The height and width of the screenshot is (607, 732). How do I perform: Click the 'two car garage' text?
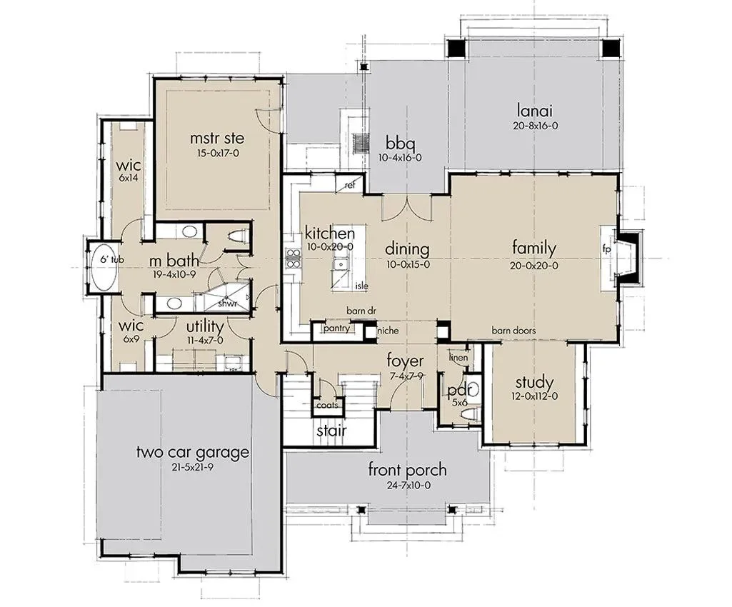192,453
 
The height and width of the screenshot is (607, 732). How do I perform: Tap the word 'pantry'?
336,328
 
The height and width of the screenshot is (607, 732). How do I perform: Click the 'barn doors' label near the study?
513,331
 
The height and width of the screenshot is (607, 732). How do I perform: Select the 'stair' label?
331,430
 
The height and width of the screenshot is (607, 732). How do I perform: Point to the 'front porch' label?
407,470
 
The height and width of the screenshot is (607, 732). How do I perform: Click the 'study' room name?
534,383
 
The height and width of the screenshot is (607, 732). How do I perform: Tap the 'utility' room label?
205,326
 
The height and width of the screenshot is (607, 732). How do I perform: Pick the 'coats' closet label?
327,406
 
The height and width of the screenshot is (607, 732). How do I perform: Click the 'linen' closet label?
458,358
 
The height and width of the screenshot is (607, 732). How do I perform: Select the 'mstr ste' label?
217,139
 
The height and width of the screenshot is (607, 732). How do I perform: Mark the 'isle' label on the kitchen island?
362,286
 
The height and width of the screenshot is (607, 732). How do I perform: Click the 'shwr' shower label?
228,303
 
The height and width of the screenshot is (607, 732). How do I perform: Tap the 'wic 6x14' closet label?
129,171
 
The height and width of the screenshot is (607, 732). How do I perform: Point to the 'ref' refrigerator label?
350,186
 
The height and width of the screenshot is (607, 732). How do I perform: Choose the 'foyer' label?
405,361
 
